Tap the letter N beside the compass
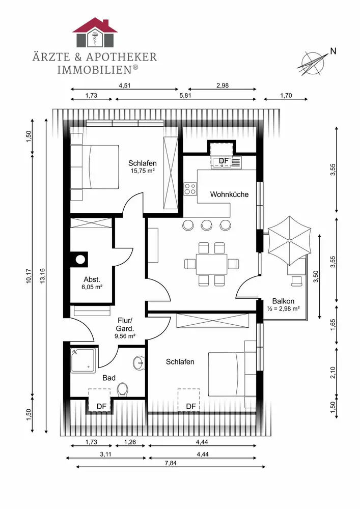[333, 51]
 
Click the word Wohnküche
[229, 194]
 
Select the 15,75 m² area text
[142, 171]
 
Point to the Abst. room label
[92, 279]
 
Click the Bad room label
[109, 378]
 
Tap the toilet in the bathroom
[122, 389]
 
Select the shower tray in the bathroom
[83, 361]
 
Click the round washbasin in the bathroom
[139, 362]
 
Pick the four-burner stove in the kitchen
[190, 189]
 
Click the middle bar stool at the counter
[206, 224]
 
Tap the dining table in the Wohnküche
[211, 264]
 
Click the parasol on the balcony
[289, 241]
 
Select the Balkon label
[283, 301]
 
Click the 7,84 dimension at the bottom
[171, 463]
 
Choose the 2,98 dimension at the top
[223, 86]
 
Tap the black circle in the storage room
[80, 260]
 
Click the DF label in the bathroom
[102, 406]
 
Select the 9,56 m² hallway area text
[125, 336]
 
